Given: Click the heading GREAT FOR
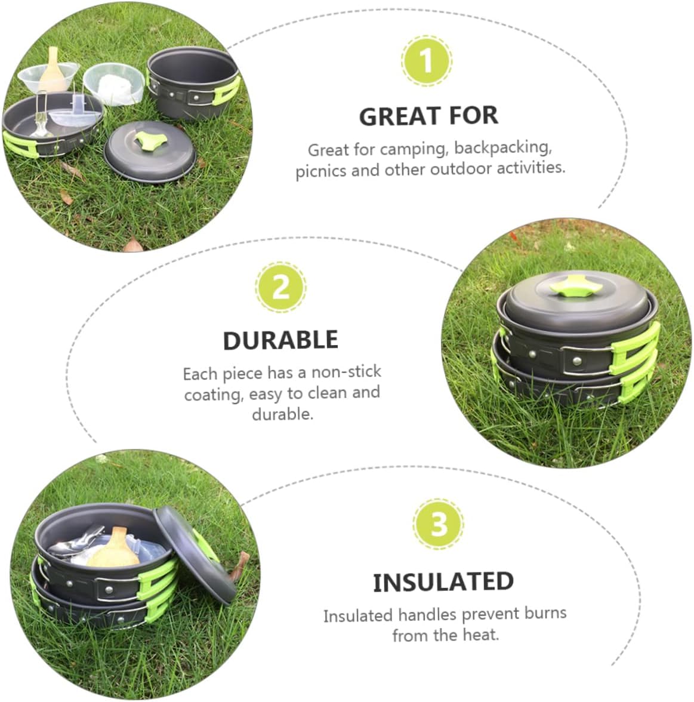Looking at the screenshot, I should pos(428,116).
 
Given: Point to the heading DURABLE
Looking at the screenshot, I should pos(280,340).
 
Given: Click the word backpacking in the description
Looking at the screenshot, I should pos(502,147).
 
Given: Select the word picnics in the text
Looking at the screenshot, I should pos(320,171).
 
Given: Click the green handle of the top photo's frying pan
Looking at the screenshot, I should pos(22,141).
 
